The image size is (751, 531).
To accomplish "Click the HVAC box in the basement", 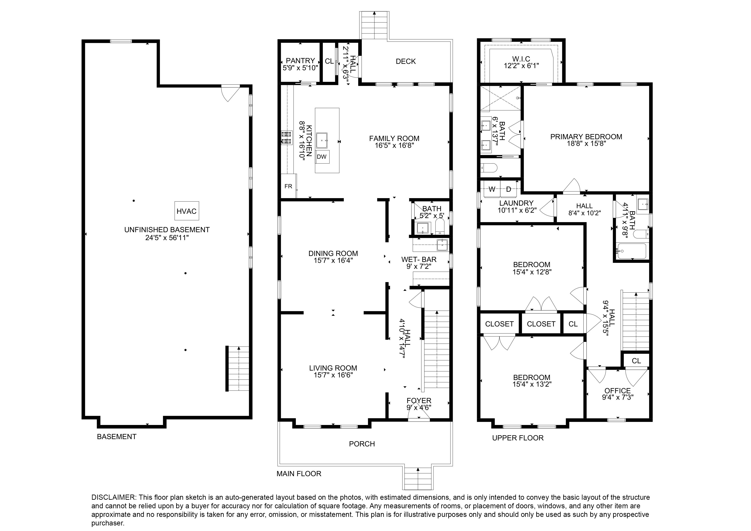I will pos(186,211).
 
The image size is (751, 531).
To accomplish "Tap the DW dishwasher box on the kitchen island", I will pos(322,157).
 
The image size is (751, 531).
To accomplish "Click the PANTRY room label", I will pos(300,61).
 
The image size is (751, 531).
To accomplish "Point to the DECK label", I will pos(406,61).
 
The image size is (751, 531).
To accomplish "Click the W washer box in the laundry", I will pos(492,189).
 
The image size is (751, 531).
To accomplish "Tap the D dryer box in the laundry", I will pos(508,189).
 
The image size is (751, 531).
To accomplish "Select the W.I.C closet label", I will pos(521,59).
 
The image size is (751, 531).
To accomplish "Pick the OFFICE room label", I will pos(618,391).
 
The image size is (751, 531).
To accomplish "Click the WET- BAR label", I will pos(419,259).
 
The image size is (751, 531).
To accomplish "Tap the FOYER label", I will pos(419,401).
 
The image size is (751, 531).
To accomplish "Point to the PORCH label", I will pos(362,444).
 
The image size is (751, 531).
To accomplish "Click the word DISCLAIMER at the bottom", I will pos(113,497).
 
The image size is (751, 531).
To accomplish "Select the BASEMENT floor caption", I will pos(116,437).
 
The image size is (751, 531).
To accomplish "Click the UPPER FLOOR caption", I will pos(518,438).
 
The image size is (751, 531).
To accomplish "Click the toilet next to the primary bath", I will pos(490,168).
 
